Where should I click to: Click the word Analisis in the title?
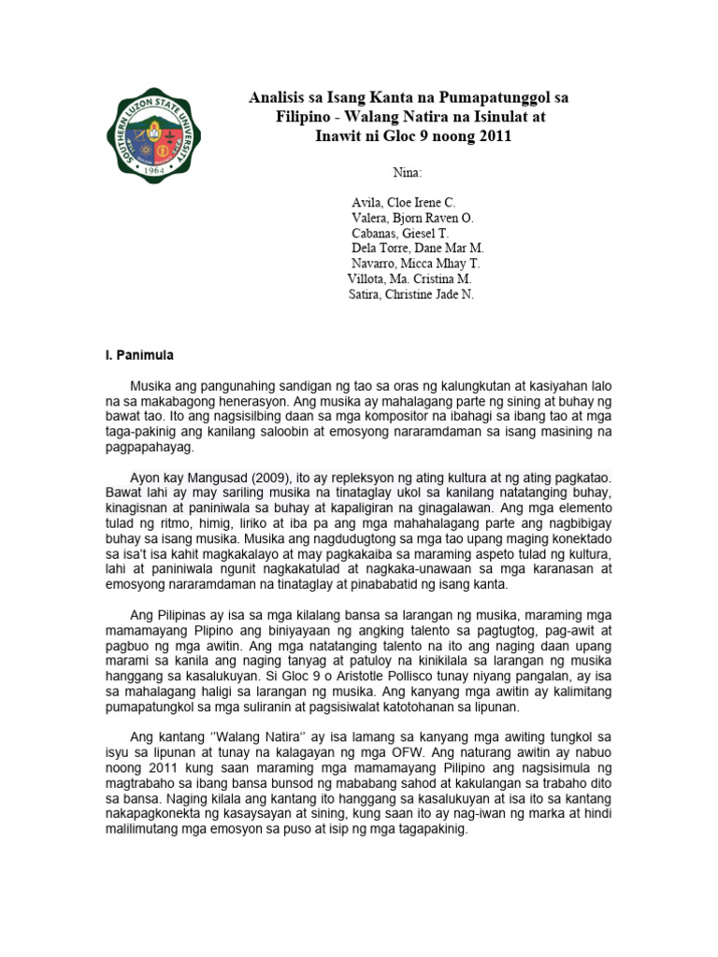coord(279,97)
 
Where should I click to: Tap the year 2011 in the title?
coord(493,136)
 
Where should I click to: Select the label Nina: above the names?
coord(409,173)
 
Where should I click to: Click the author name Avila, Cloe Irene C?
coord(403,203)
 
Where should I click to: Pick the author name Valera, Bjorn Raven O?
coord(412,218)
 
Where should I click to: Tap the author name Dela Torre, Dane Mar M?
coord(417,249)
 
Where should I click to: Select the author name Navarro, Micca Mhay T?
coord(415,264)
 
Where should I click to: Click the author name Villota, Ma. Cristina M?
coord(409,279)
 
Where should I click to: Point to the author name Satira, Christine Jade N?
coord(410,294)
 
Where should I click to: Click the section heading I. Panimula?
coord(137,356)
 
